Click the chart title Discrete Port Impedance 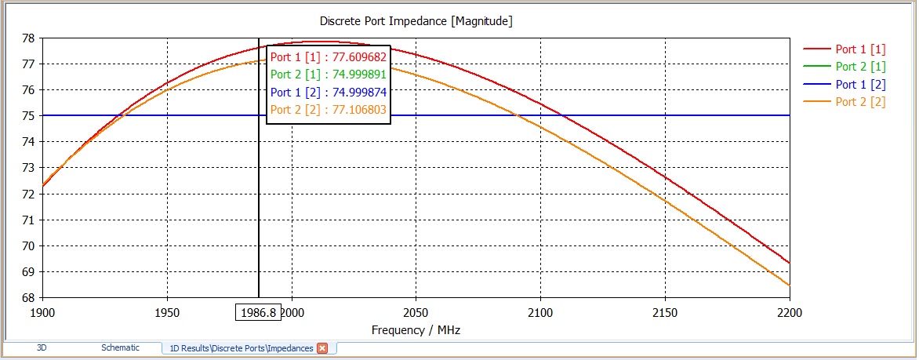[x=416, y=21]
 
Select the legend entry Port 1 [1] [x=860, y=49]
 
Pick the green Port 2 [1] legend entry [x=860, y=67]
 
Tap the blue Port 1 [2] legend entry [x=860, y=84]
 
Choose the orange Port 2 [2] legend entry [x=860, y=102]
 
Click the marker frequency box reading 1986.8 [x=259, y=312]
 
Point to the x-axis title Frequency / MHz [x=416, y=330]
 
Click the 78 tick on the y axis [x=27, y=38]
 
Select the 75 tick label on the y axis [x=27, y=116]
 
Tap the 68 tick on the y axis [x=27, y=298]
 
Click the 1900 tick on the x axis [x=42, y=312]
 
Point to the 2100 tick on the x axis [x=540, y=312]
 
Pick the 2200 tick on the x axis [x=789, y=312]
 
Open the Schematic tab [x=120, y=347]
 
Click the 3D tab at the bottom [x=42, y=347]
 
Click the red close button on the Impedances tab [x=321, y=348]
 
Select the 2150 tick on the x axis [x=665, y=312]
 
